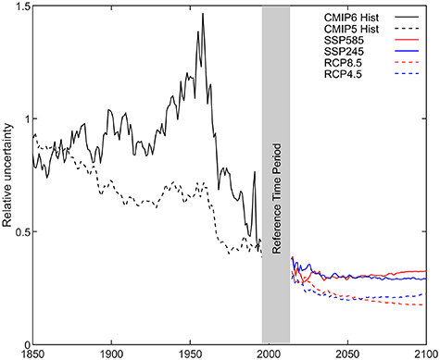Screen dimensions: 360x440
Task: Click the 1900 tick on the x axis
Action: pos(111,354)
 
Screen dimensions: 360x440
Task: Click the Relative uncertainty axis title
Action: pos(7,176)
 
